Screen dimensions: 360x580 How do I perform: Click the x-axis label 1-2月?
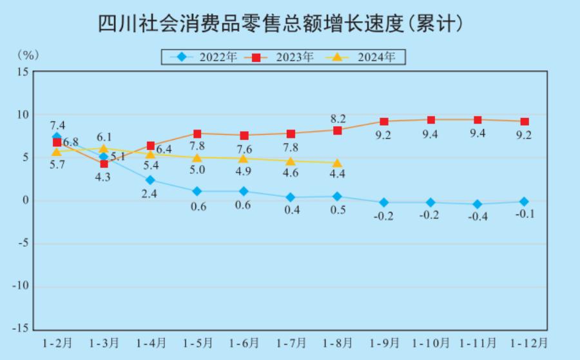57,342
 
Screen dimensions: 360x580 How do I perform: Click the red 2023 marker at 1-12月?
525,122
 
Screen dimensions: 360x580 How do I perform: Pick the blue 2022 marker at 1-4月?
150,180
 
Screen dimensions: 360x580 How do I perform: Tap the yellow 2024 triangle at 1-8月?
337,163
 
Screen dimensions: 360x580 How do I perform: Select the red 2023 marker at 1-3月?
103,164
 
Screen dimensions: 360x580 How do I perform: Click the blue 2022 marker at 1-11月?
478,204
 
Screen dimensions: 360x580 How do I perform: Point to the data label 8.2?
338,118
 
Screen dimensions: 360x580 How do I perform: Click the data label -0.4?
478,217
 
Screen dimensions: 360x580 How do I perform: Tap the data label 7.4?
57,125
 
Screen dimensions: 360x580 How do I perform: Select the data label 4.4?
338,174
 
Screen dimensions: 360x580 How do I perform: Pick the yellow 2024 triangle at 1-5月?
197,157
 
